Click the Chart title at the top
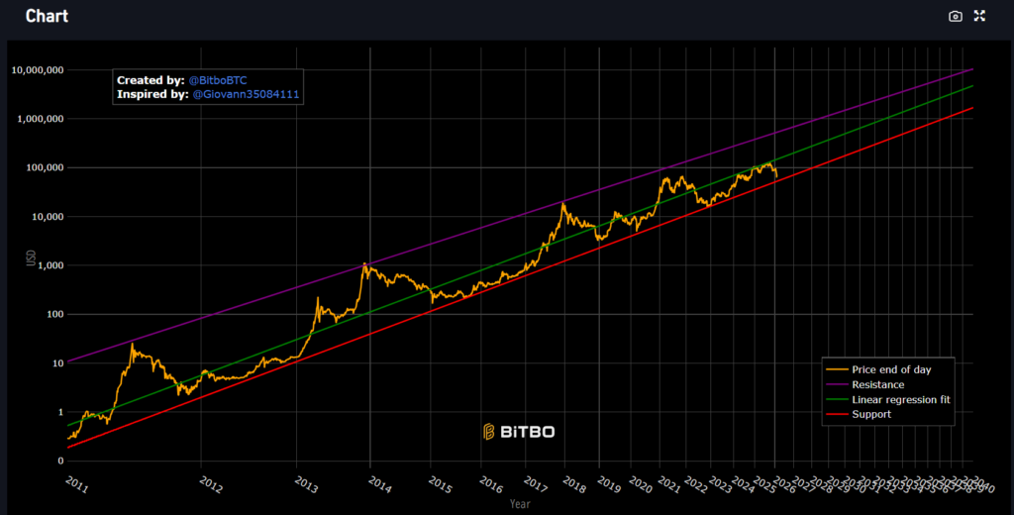[47, 16]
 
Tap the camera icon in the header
[955, 16]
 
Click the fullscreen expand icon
[979, 16]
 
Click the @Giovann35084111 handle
[245, 94]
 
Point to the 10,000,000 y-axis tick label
[38, 70]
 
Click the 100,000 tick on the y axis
[44, 167]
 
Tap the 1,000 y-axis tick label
[49, 265]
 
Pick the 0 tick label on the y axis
[59, 461]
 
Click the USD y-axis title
[30, 258]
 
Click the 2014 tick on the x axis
[380, 482]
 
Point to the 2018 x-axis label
[574, 482]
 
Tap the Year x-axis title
[520, 504]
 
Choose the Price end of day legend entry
[890, 369]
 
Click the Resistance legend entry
[877, 384]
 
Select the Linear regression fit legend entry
[901, 399]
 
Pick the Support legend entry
[871, 414]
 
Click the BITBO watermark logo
[518, 431]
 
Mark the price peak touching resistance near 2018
[562, 204]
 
